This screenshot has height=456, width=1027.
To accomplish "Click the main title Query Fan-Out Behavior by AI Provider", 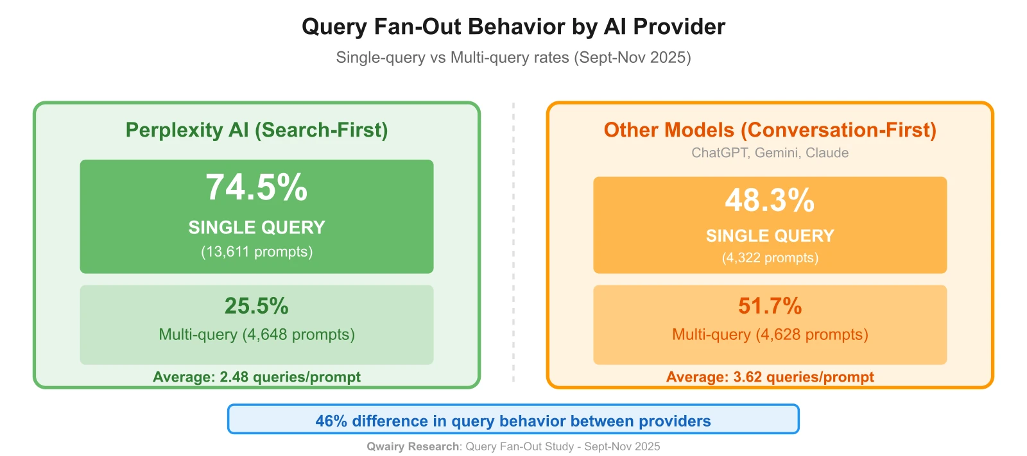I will (513, 27).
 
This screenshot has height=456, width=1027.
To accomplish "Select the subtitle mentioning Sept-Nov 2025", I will (513, 58).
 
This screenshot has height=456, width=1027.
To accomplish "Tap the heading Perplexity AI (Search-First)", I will (257, 130).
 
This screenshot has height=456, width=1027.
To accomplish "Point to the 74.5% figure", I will (257, 188).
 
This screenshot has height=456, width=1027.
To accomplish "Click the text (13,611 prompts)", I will (257, 251).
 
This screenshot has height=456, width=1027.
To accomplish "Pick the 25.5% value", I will (257, 306).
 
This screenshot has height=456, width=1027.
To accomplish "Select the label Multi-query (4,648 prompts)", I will (257, 335).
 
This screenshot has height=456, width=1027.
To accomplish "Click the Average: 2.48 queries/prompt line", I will (257, 377).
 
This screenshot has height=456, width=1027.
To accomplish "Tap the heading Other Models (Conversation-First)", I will (770, 130).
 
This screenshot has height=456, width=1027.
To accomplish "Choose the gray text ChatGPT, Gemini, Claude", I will (770, 153).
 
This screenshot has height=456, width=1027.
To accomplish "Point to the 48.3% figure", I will (770, 200).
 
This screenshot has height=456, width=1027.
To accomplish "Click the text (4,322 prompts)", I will (770, 258).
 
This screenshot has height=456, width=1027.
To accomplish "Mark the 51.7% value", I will (770, 306).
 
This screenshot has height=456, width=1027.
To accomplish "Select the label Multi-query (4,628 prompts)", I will (770, 335).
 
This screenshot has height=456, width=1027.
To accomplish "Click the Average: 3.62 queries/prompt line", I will (770, 377).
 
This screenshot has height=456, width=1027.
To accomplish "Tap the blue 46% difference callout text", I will (513, 421).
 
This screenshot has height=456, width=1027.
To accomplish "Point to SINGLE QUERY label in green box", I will (257, 228).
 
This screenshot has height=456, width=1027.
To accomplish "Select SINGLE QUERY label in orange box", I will (770, 236).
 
